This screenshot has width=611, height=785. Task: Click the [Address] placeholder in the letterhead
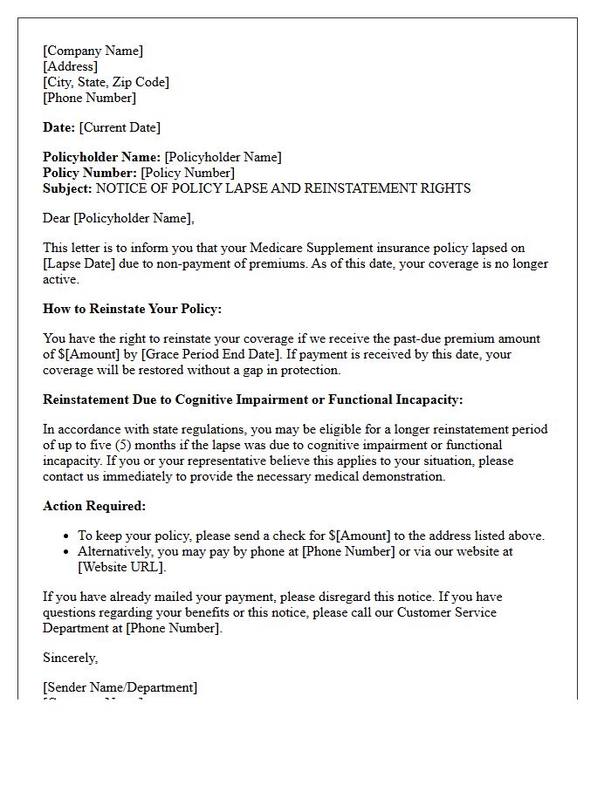click(71, 66)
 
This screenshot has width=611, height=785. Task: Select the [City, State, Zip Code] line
click(106, 82)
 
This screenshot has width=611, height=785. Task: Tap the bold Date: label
click(58, 127)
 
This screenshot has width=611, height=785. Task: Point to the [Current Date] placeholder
click(120, 127)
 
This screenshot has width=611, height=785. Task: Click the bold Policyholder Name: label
click(101, 157)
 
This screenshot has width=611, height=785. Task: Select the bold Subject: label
click(67, 188)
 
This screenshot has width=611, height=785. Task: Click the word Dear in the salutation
click(57, 218)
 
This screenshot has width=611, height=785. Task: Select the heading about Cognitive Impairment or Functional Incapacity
click(253, 399)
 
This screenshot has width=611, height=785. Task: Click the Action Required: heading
click(94, 506)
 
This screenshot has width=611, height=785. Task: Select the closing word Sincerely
click(71, 658)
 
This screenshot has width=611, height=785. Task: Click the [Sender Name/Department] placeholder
click(120, 687)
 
